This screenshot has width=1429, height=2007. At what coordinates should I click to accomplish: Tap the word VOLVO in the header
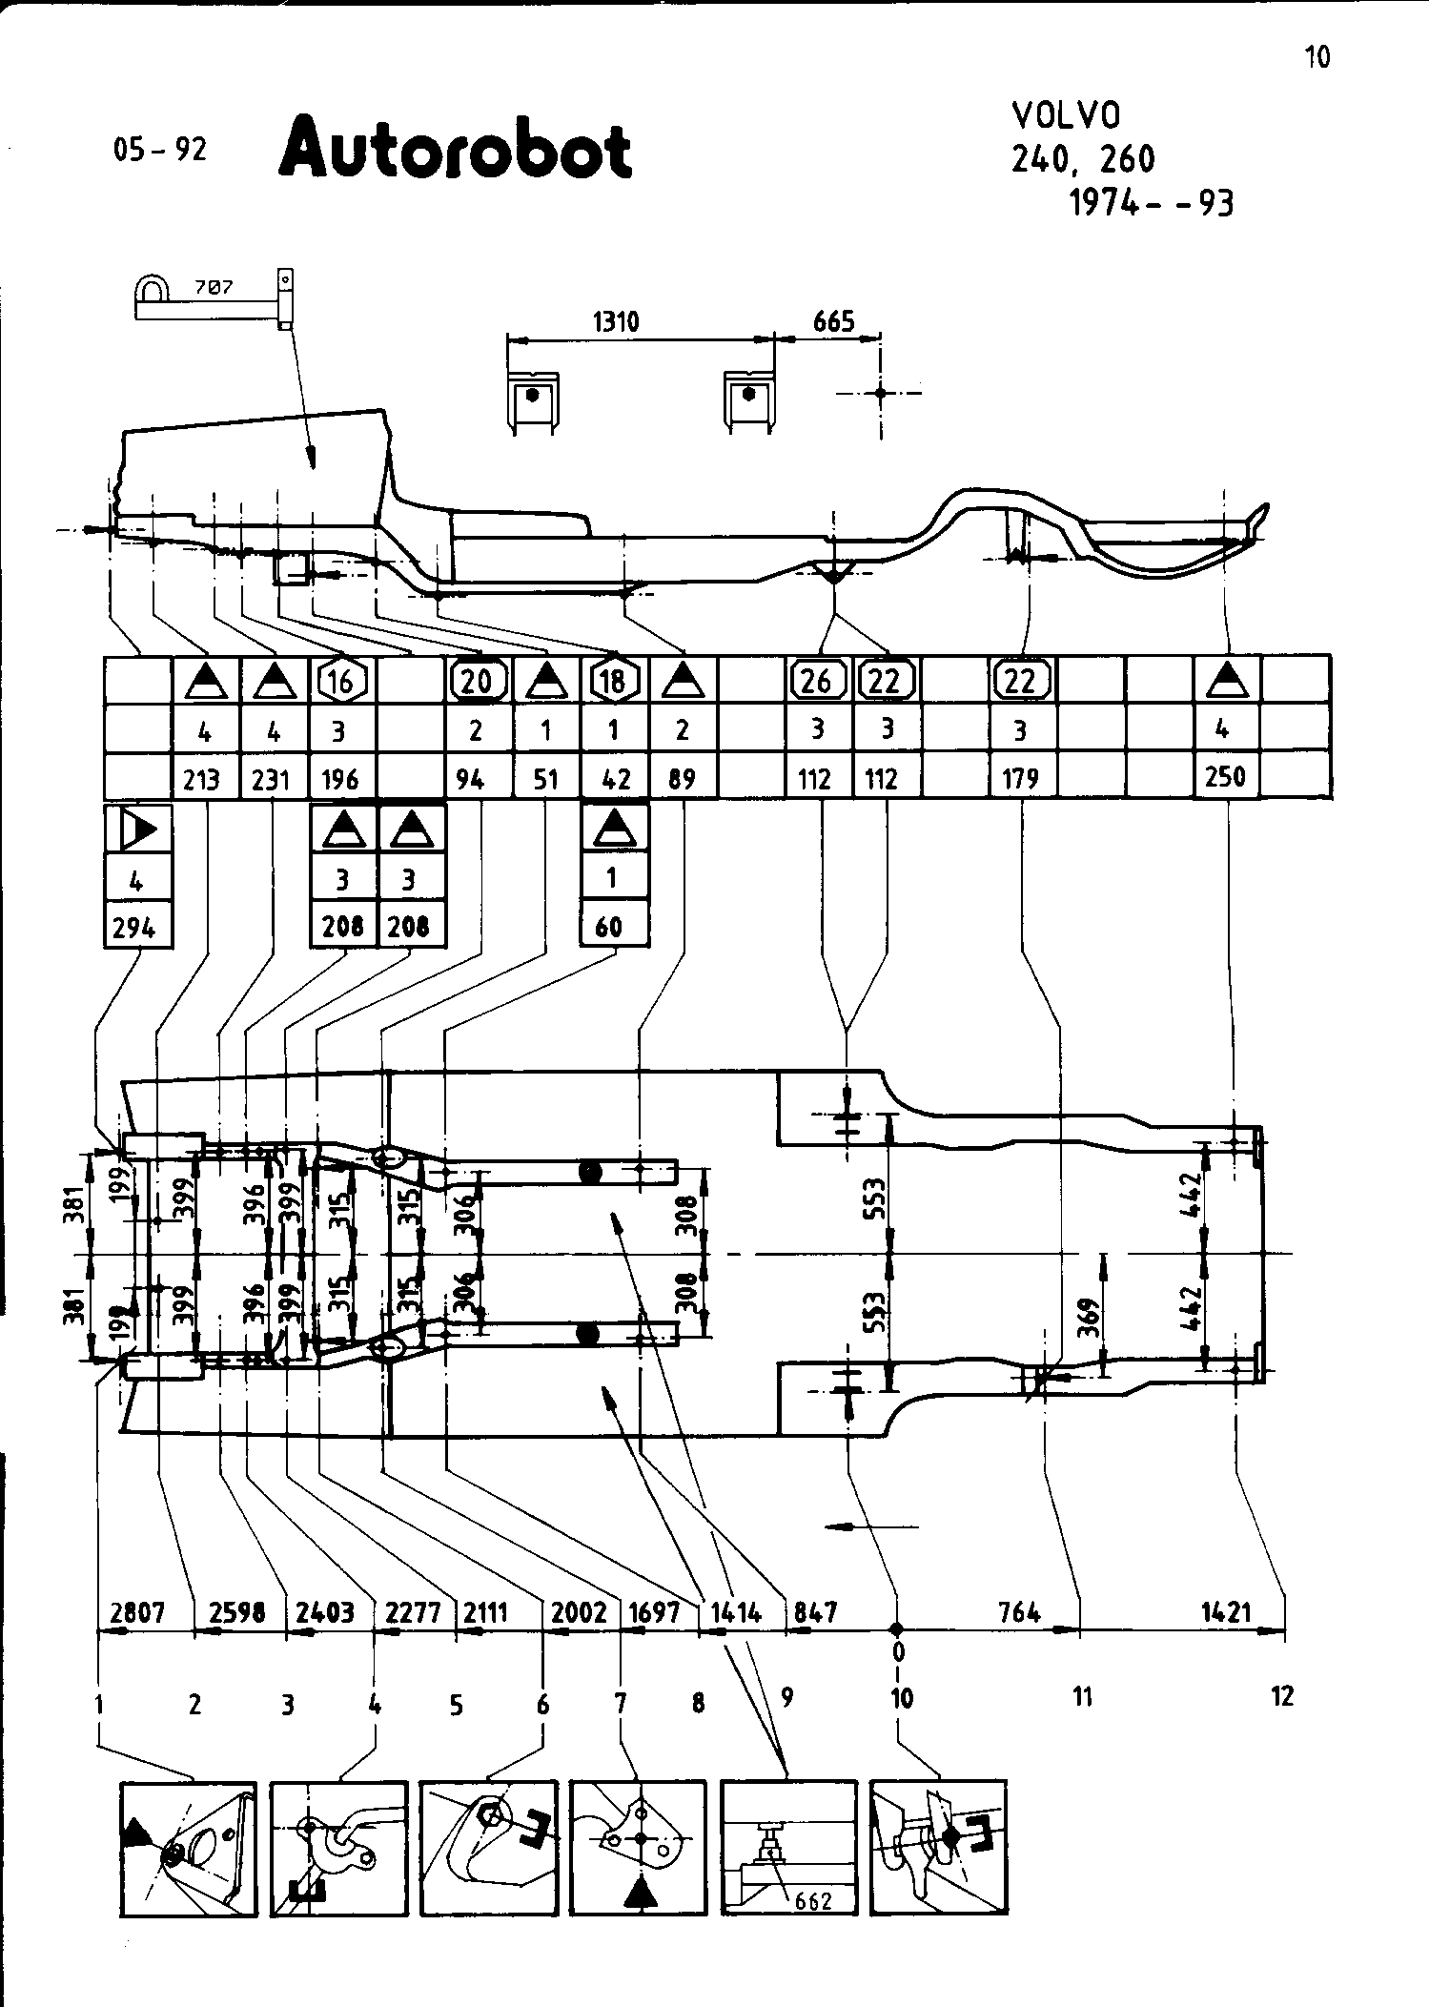1066,115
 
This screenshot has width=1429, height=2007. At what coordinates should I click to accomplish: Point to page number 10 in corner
1317,58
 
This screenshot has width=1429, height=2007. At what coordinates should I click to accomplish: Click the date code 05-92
159,150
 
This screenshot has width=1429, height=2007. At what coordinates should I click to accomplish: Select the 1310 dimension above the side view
616,322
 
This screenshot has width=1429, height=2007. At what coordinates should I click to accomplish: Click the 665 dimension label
833,322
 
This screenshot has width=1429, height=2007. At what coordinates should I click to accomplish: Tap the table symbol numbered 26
816,681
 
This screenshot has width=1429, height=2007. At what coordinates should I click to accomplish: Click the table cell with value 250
1225,777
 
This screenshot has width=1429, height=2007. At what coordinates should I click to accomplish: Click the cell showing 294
134,927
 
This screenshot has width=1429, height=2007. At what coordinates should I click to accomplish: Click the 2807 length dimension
138,1612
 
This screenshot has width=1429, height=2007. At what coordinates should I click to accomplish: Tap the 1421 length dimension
1225,1612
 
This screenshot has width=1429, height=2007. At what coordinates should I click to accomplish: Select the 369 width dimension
1090,1319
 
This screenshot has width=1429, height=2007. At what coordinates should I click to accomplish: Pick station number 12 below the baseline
1282,1696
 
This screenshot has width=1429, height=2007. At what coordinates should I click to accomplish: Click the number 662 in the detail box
812,1901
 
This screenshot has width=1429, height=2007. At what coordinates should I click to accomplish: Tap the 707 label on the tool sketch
213,287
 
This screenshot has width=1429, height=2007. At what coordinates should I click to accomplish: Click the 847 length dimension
815,1612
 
